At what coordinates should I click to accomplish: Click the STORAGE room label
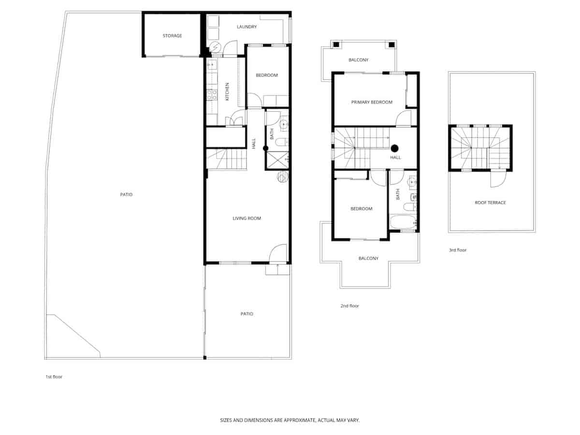[x=172, y=36]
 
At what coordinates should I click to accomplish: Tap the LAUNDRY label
[x=246, y=27]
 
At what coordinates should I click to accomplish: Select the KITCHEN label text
[x=227, y=92]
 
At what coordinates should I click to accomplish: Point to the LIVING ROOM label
[x=246, y=218]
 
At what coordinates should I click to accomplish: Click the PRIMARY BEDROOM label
[x=372, y=102]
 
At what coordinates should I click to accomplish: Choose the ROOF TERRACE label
[x=490, y=203]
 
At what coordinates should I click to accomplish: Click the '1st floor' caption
[x=54, y=377]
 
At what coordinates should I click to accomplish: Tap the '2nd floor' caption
[x=349, y=306]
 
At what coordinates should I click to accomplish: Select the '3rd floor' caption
[x=457, y=250]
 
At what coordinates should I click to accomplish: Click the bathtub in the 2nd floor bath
[x=403, y=223]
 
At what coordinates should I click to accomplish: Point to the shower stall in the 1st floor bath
[x=277, y=159]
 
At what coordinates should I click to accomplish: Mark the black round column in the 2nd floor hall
[x=394, y=148]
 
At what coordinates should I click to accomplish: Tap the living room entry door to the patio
[x=278, y=254]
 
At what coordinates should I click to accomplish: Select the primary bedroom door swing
[x=404, y=119]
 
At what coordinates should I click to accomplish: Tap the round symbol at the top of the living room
[x=282, y=177]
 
